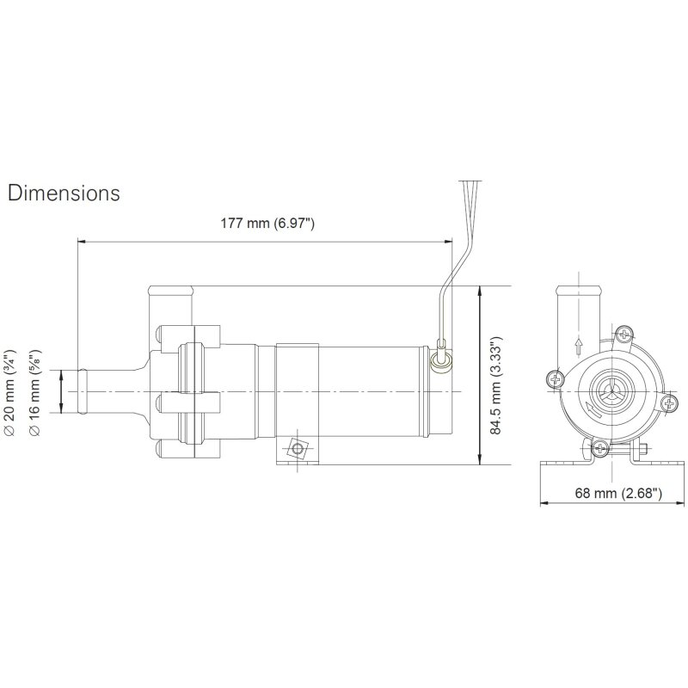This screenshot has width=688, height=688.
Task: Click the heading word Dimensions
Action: point(64,193)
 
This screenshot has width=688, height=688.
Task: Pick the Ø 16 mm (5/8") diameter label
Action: point(34,391)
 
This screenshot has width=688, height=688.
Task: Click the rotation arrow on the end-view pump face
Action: point(587,410)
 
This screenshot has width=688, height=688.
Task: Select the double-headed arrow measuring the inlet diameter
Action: point(61,391)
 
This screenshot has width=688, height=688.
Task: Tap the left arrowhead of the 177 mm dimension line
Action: point(82,242)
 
